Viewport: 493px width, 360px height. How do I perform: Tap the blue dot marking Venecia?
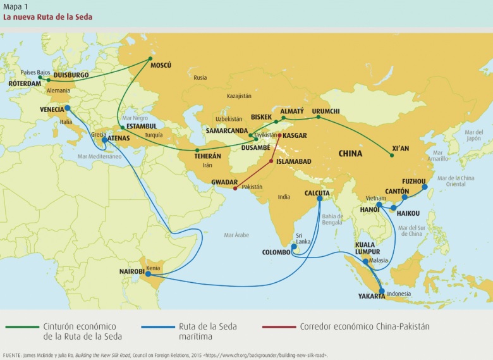point(68,108)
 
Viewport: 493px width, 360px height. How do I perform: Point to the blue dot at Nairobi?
point(148,274)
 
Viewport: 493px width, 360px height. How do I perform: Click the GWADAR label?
point(225,181)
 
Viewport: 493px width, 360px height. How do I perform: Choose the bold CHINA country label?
point(354,153)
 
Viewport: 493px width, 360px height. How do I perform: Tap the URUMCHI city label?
point(326,111)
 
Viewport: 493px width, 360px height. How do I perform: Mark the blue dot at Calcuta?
point(320,198)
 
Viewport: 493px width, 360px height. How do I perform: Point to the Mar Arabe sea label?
point(236,235)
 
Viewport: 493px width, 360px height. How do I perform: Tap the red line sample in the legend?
point(277,326)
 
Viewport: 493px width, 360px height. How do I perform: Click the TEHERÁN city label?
point(208,156)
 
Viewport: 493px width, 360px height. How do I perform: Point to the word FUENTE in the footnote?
point(13,356)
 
